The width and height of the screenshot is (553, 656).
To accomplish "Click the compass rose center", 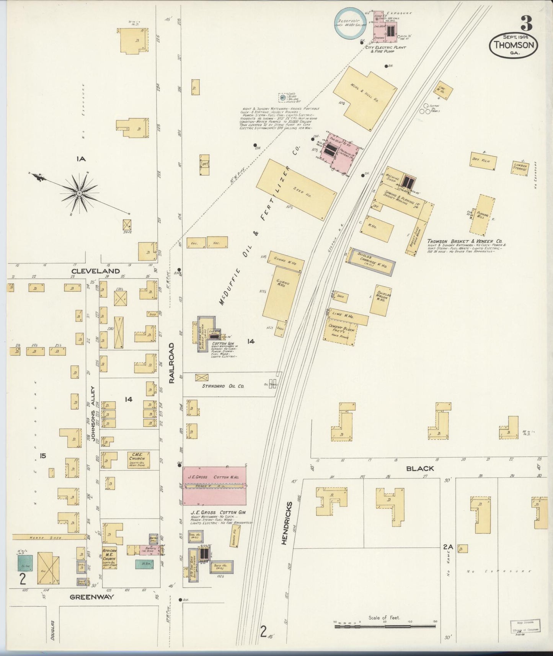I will [79, 193].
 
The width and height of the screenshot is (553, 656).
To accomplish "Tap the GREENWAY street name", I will [92, 597].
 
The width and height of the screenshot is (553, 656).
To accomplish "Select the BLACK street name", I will [420, 468].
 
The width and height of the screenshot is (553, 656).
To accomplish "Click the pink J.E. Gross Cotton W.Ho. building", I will [214, 485].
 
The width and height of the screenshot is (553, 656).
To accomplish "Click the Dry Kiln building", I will [483, 162].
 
